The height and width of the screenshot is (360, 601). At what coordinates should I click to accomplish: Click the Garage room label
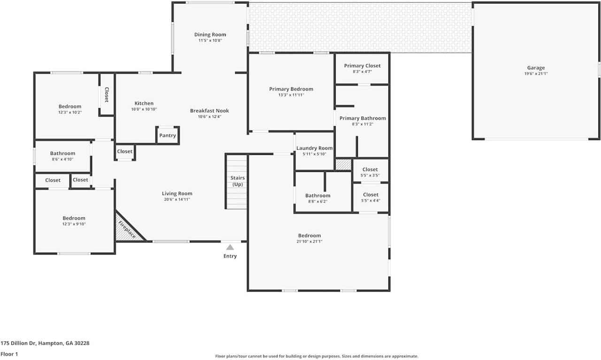(536, 68)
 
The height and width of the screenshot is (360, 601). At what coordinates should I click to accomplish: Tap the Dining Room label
(210, 35)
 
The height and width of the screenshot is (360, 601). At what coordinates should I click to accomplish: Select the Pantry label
(168, 136)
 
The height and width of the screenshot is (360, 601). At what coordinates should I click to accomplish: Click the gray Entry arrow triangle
(230, 247)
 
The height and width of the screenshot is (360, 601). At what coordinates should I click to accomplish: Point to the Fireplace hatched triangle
(127, 229)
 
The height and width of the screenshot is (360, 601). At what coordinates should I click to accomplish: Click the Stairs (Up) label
(238, 181)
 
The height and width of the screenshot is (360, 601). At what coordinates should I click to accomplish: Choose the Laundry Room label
(315, 148)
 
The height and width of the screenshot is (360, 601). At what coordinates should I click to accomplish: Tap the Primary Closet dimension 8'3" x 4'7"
(362, 72)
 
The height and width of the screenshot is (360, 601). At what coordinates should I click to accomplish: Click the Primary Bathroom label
(362, 118)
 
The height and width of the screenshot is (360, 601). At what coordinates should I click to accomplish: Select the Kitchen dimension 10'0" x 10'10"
(144, 109)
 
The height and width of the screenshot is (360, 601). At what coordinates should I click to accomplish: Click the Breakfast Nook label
(209, 110)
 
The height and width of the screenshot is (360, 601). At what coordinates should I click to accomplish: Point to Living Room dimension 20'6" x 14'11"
(177, 199)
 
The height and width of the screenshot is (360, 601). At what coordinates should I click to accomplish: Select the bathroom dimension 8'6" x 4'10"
(62, 159)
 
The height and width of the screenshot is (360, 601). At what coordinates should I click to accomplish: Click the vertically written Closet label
(107, 95)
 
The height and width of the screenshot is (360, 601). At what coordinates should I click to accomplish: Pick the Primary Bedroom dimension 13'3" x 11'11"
(291, 95)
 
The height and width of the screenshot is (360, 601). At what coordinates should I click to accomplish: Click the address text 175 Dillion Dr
(18, 343)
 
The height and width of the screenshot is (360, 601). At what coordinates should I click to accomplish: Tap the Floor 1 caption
(9, 354)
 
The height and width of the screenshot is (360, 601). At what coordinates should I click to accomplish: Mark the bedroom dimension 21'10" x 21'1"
(309, 241)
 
